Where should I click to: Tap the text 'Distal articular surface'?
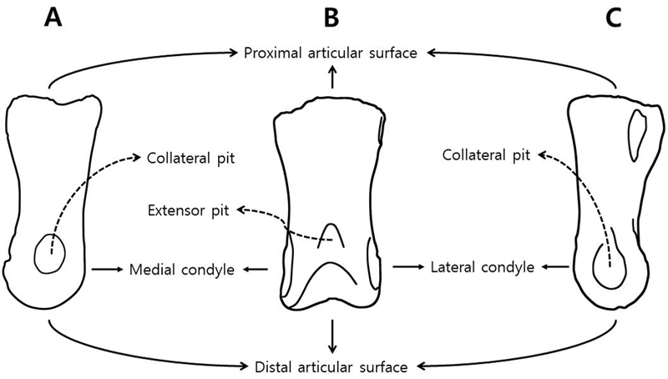click(331, 366)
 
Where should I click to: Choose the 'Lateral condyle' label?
click(482, 268)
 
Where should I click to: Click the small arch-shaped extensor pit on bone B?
click(332, 234)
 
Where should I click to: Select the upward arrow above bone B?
click(333, 78)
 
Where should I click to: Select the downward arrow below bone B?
click(333, 336)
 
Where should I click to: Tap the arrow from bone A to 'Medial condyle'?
click(106, 269)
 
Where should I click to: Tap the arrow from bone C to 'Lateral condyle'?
click(555, 267)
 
